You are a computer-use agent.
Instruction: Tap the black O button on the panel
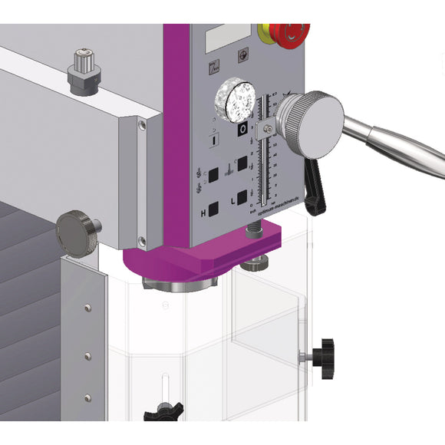(241, 130)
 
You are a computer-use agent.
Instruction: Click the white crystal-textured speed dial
(236, 100)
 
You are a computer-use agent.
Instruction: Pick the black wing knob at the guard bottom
(166, 411)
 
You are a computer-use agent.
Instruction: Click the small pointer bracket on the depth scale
(264, 127)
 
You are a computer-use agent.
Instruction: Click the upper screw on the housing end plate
(140, 124)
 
